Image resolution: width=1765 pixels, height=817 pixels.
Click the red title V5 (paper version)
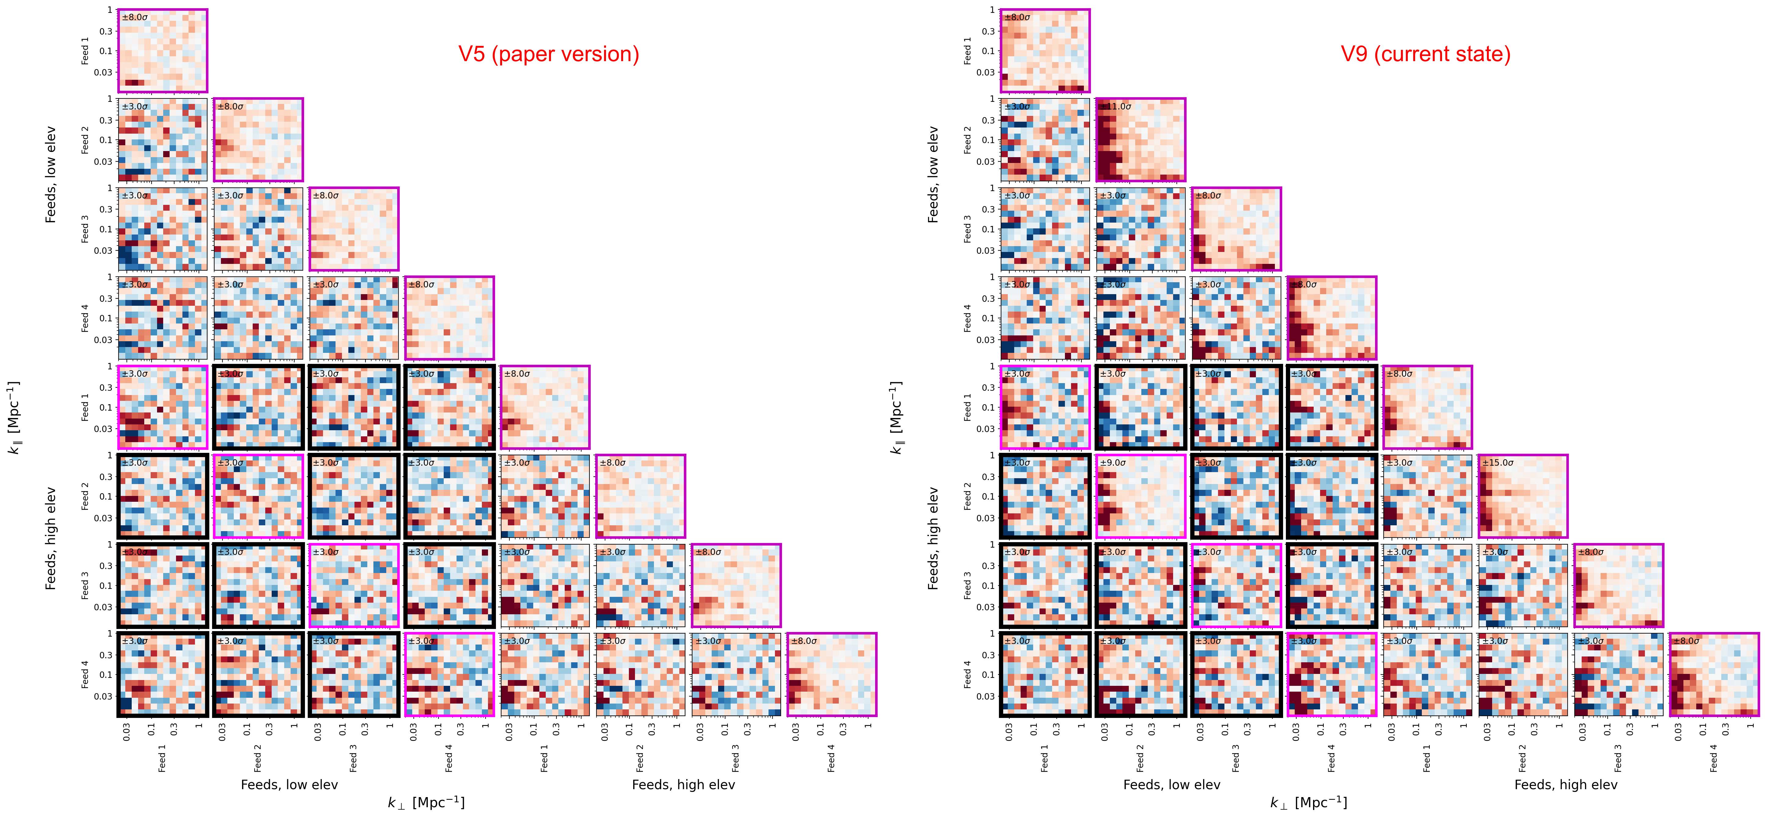pos(548,54)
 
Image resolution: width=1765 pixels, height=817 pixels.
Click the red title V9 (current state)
pos(1425,54)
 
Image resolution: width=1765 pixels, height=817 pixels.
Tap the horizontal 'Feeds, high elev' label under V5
pos(683,785)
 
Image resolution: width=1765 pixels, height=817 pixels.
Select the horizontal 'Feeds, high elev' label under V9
pos(1566,785)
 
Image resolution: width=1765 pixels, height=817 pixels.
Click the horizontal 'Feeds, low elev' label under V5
pos(289,785)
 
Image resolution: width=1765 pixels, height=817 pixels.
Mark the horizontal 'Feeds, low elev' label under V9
pos(1172,785)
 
